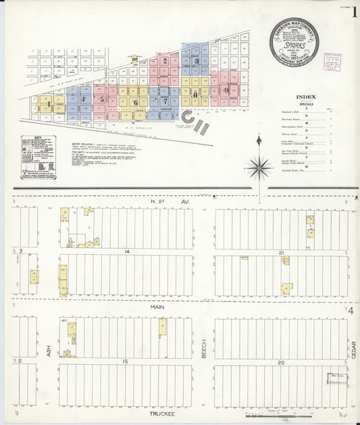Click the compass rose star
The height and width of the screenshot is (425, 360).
pos(261,165)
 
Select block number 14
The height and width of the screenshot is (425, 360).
pos(126,251)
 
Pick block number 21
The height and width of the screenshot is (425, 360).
pos(280,251)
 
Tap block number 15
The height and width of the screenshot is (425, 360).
pos(125,362)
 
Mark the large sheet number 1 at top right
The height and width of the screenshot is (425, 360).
pos(351,14)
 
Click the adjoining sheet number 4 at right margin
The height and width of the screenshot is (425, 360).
pos(352,309)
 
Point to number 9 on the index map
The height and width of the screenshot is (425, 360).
pos(227,89)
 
